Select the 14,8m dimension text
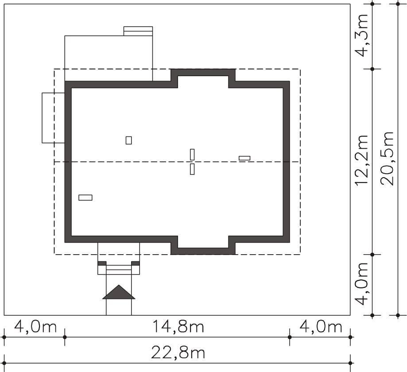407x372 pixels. pyautogui.click(x=178, y=326)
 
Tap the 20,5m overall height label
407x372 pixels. pyautogui.click(x=387, y=159)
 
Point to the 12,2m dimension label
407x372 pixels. pyautogui.click(x=361, y=160)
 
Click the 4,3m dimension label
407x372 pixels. pyautogui.click(x=361, y=35)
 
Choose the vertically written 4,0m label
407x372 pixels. pyautogui.click(x=361, y=284)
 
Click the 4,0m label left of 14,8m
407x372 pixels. pyautogui.click(x=35, y=326)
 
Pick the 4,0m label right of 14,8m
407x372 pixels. pyautogui.click(x=321, y=326)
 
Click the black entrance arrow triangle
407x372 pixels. pyautogui.click(x=119, y=292)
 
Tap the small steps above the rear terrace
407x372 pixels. pyautogui.click(x=138, y=31)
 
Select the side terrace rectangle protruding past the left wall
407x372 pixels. pyautogui.click(x=53, y=118)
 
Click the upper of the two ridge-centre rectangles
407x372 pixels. pyautogui.click(x=192, y=155)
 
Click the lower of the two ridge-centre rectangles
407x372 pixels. pyautogui.click(x=192, y=169)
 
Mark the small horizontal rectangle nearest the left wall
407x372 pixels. pyautogui.click(x=85, y=198)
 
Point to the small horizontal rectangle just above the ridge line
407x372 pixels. pyautogui.click(x=244, y=158)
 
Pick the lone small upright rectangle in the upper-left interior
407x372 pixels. pyautogui.click(x=128, y=140)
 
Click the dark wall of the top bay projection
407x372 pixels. pyautogui.click(x=203, y=73)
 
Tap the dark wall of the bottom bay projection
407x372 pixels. pyautogui.click(x=203, y=251)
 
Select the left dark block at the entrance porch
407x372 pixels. pyautogui.click(x=102, y=263)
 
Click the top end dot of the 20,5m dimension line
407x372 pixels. pyautogui.click(x=398, y=4)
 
